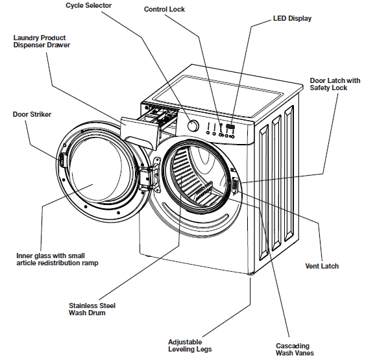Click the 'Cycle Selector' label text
(88, 6)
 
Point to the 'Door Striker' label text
(32, 115)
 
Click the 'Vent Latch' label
(321, 266)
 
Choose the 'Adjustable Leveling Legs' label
(184, 346)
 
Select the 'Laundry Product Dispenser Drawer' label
(42, 42)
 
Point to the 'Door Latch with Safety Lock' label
(334, 84)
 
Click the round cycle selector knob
(193, 125)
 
